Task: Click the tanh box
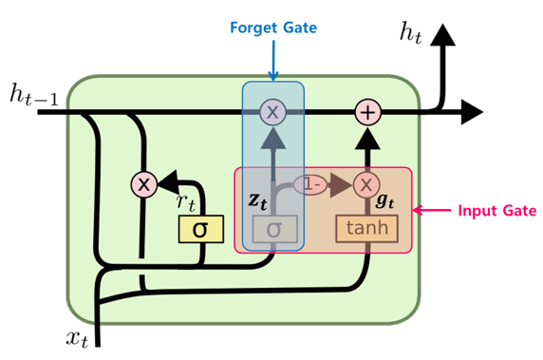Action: click(365, 228)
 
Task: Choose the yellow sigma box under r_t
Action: click(200, 229)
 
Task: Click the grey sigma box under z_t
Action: click(274, 229)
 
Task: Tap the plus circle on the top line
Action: click(367, 112)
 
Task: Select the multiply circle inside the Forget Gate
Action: click(273, 112)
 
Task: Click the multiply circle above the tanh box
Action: click(366, 184)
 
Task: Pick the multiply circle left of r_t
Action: click(142, 184)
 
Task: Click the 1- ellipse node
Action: click(309, 184)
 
